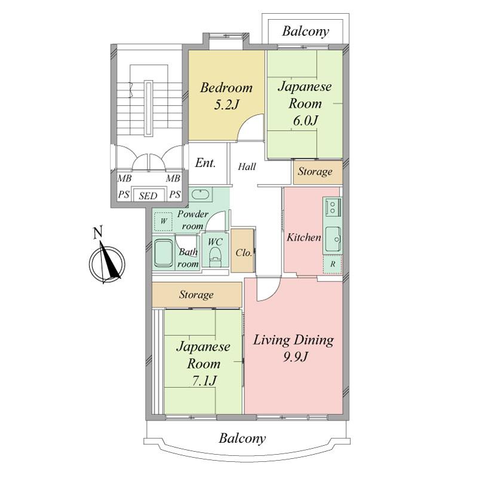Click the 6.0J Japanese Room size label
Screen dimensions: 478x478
[305, 120]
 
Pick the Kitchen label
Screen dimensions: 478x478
[304, 237]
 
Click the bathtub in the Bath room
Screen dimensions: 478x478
[164, 253]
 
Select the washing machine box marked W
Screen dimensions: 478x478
[163, 221]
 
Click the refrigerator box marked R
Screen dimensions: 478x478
[332, 263]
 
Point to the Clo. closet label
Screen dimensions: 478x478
[243, 253]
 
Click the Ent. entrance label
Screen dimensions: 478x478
[206, 163]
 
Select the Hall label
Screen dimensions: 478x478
[247, 167]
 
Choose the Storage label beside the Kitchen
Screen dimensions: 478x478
[315, 172]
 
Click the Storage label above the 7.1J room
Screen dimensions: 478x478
[196, 295]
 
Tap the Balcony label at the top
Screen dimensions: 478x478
[306, 32]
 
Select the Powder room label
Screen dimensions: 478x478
[192, 219]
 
